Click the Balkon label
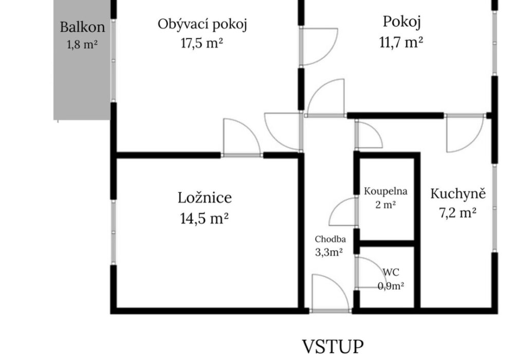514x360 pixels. point(83,27)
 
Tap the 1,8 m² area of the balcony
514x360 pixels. point(82,44)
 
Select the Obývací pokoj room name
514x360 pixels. point(202,25)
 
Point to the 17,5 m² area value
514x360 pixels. point(202,43)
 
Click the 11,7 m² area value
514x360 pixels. point(401,42)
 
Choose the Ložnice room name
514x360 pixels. point(205,197)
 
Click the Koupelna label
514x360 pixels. point(385,191)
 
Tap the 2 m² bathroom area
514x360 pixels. point(385,205)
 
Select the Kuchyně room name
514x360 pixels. point(458,193)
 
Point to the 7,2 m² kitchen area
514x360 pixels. point(457,213)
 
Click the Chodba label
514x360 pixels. point(330,239)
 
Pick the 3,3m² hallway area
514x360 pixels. point(329,252)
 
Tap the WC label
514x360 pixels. point(391,272)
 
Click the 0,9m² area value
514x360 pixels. point(391,286)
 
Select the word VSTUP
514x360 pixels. point(333,347)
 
